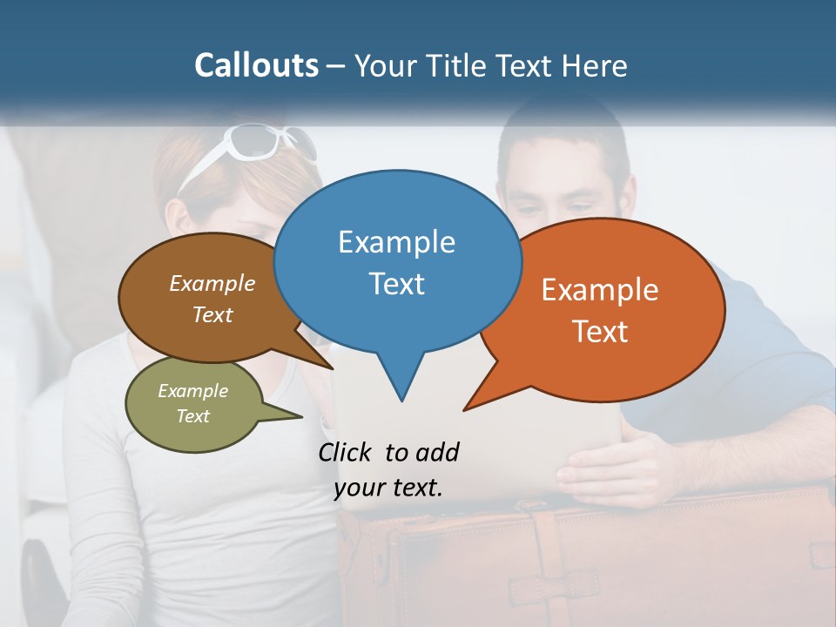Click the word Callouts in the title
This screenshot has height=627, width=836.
[256, 65]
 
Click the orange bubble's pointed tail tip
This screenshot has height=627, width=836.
[464, 409]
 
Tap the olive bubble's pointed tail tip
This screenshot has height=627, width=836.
[301, 416]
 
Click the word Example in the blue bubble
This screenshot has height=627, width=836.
[396, 242]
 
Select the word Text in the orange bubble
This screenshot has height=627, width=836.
[600, 332]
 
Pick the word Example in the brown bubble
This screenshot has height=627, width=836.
[212, 284]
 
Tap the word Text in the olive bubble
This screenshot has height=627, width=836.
[192, 416]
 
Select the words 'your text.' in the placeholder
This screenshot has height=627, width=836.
[388, 488]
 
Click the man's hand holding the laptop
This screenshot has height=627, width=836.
[610, 466]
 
